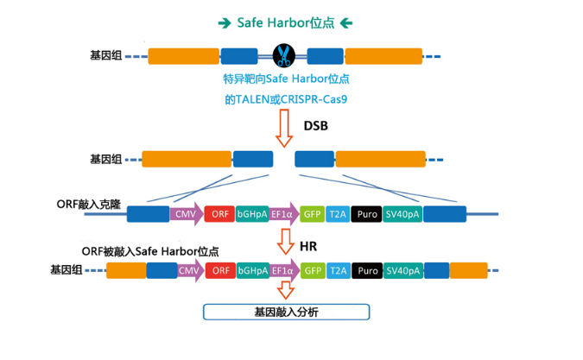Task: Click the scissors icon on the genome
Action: point(283,56)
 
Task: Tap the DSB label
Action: point(316,126)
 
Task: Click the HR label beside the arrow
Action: point(308,246)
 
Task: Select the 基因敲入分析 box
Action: point(286,312)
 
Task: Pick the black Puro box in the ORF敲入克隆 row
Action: point(367,214)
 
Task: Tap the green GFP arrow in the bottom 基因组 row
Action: point(312,270)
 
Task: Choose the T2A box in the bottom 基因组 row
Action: point(338,270)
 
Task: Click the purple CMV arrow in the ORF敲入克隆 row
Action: point(185,214)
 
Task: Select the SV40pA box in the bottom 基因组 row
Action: point(402,270)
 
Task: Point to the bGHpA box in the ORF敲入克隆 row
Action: point(251,214)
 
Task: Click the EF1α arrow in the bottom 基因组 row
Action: point(283,270)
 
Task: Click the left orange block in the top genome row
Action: point(184,56)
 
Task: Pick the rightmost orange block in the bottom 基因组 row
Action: point(468,270)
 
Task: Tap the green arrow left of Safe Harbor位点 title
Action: point(225,22)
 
